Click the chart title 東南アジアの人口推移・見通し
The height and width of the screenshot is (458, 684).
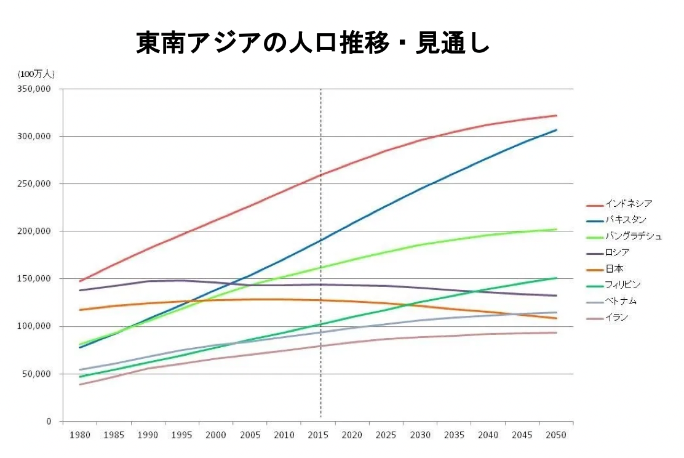312,43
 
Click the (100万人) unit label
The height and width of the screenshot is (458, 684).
36,74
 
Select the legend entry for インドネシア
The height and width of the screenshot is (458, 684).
628,203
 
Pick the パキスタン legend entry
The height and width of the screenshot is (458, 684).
626,219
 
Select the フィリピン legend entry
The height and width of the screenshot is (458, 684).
622,284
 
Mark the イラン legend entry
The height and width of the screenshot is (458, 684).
616,318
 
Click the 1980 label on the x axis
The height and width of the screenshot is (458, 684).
80,435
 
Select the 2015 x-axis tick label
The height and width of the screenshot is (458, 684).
318,435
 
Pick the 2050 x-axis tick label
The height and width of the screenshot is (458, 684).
556,435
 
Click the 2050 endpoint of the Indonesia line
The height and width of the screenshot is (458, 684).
556,116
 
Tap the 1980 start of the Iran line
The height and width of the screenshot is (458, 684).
80,385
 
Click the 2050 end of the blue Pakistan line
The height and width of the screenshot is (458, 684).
556,130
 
